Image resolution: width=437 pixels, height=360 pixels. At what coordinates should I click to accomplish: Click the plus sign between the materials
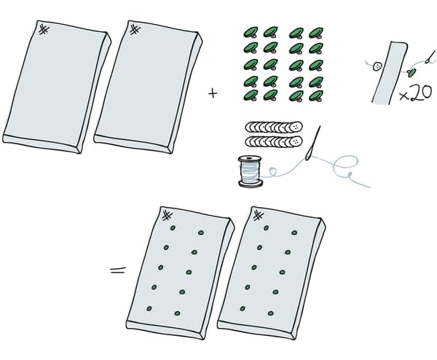click(213, 93)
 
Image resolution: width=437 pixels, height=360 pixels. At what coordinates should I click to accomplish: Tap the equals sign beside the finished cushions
click(118, 270)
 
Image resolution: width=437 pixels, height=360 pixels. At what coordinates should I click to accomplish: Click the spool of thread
click(251, 171)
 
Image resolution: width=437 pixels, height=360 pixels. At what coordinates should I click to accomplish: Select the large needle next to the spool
click(313, 144)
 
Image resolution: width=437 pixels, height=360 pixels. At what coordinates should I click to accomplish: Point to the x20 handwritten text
click(416, 94)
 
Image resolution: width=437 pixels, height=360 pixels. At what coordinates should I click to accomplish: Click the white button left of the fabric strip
click(377, 66)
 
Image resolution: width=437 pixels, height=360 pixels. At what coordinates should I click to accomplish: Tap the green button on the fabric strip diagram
click(412, 72)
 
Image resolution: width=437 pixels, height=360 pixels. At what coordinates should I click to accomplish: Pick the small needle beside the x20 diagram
click(430, 57)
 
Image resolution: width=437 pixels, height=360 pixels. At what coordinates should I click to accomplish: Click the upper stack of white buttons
click(274, 127)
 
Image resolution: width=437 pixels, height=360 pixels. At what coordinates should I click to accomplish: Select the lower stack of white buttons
click(274, 141)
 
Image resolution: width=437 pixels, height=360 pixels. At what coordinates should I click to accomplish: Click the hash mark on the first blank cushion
click(44, 30)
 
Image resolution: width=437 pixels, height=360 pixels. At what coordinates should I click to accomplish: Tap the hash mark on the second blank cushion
click(135, 30)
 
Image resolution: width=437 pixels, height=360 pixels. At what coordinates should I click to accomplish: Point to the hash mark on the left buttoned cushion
click(168, 216)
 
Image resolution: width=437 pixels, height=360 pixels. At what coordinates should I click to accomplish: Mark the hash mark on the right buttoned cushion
click(259, 216)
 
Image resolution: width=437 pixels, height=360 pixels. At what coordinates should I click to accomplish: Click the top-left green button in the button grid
click(251, 32)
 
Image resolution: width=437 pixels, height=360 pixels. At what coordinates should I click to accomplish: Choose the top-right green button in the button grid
click(316, 33)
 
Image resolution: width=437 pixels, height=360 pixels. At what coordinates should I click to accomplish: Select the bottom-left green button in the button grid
click(251, 95)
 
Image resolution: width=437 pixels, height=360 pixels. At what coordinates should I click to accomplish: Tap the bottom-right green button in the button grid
click(316, 95)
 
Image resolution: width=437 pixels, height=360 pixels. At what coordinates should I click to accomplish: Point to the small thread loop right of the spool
click(272, 171)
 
